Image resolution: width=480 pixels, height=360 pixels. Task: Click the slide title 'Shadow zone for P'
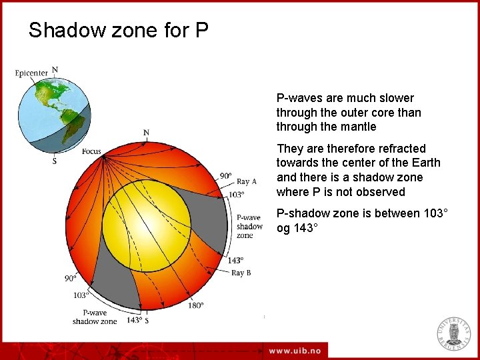(x=119, y=30)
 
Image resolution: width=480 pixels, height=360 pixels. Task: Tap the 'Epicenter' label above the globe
(x=31, y=73)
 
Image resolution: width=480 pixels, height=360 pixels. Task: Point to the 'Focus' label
(x=91, y=151)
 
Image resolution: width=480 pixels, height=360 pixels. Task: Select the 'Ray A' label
(x=247, y=181)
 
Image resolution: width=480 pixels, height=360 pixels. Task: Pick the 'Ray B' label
(x=241, y=273)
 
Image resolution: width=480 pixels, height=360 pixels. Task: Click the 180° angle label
(x=195, y=306)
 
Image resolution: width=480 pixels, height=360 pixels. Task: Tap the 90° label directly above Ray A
(x=226, y=176)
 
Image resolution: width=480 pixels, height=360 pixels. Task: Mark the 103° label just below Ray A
(x=236, y=195)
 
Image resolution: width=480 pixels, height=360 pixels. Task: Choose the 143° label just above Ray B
(x=236, y=261)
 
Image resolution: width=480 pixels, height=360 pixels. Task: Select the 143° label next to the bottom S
(x=134, y=321)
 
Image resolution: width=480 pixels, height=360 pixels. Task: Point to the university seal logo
(x=453, y=334)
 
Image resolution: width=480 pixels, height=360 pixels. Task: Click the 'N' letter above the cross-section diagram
(x=146, y=133)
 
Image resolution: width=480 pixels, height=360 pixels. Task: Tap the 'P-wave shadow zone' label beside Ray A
(x=249, y=226)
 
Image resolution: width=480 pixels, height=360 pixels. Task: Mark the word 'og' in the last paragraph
(x=284, y=227)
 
